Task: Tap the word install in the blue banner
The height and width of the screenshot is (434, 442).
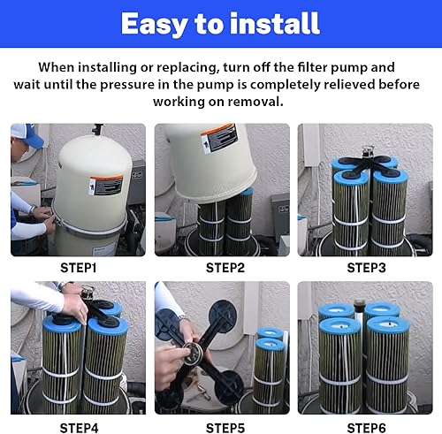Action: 274,24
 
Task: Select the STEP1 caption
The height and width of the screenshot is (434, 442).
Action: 78,268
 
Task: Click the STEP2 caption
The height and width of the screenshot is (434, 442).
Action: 225,268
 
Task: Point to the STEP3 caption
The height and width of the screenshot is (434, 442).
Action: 366,268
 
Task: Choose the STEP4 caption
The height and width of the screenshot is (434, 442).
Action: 79,428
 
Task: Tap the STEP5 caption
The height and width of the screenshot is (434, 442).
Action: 225,428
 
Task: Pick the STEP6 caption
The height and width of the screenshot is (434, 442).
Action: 366,428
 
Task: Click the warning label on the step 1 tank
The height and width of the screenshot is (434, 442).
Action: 106,186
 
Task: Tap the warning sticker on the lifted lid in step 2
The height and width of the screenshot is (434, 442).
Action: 219,139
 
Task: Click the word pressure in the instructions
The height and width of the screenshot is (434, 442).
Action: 127,85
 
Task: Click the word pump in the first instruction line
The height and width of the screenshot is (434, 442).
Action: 348,68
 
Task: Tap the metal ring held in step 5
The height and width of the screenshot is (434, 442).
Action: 192,354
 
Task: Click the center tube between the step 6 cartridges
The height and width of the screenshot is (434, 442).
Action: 359,312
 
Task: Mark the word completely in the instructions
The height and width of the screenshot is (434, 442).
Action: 285,85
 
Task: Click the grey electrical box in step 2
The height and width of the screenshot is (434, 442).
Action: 280,218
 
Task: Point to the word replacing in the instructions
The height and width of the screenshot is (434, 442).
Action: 187,68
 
